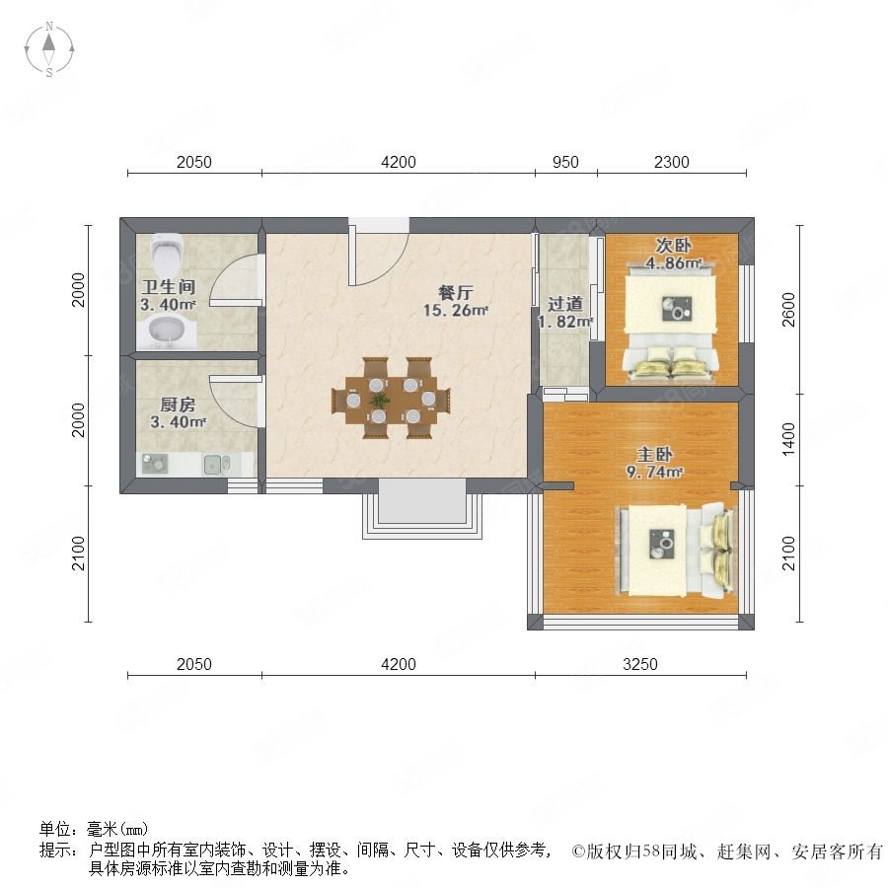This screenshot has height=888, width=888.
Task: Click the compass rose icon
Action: [49, 48]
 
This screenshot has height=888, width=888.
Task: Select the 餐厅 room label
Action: [455, 293]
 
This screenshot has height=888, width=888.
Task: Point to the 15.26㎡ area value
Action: [455, 311]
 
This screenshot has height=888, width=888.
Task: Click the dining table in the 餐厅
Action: [391, 400]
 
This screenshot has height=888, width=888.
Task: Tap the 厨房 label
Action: [178, 405]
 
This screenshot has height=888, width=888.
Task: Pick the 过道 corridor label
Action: [564, 304]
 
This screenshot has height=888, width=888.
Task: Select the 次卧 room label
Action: [673, 246]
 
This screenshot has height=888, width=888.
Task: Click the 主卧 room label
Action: [654, 454]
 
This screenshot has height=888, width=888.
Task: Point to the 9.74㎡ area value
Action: [654, 472]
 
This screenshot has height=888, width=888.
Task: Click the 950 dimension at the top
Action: [565, 162]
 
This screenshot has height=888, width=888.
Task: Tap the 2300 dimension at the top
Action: [672, 162]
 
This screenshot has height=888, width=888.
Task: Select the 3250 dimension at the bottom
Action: [640, 664]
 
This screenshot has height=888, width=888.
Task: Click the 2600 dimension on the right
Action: [789, 310]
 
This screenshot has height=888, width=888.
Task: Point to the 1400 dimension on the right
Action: [789, 439]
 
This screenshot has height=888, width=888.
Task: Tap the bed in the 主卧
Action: [676, 550]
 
